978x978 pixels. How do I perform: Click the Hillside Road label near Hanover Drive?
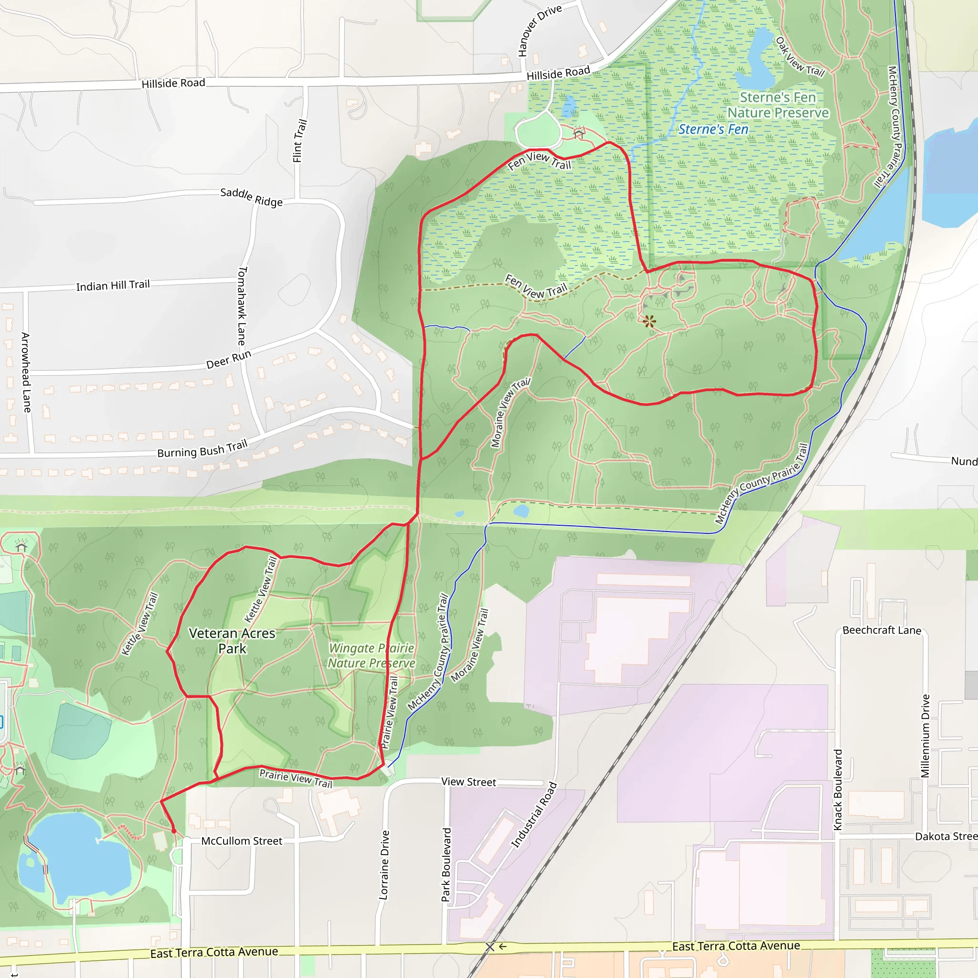(x=558, y=74)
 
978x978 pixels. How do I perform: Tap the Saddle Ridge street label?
(x=251, y=197)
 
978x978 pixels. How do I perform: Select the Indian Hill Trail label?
(x=113, y=286)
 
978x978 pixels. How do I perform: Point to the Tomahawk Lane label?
(x=242, y=306)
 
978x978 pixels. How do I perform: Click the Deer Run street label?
(x=228, y=360)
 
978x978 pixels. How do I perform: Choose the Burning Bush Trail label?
(x=202, y=449)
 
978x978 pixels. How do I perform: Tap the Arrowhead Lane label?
(x=26, y=372)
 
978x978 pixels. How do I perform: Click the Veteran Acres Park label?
(x=232, y=640)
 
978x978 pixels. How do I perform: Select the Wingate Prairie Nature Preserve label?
(x=372, y=655)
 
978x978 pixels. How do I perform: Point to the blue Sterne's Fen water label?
(x=713, y=129)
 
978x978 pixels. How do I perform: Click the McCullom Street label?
(x=242, y=841)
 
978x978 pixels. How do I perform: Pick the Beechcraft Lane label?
(x=882, y=630)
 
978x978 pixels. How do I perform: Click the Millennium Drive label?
(x=925, y=735)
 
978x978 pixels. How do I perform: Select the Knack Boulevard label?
(x=838, y=790)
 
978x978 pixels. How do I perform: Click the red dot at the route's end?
(x=174, y=831)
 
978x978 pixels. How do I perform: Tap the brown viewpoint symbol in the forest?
(x=649, y=321)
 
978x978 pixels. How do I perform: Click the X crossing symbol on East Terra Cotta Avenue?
(x=489, y=946)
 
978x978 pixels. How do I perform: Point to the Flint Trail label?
(x=299, y=141)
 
